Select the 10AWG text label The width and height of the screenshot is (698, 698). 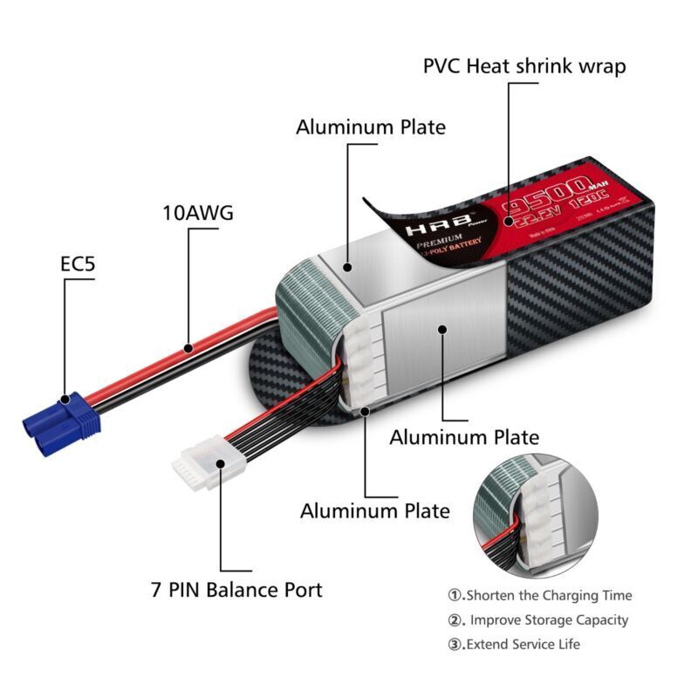coord(197,212)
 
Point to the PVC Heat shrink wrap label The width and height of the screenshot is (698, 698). coord(524,66)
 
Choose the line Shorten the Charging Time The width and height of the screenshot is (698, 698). coord(540,596)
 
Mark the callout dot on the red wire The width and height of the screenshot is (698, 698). coord(188,348)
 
